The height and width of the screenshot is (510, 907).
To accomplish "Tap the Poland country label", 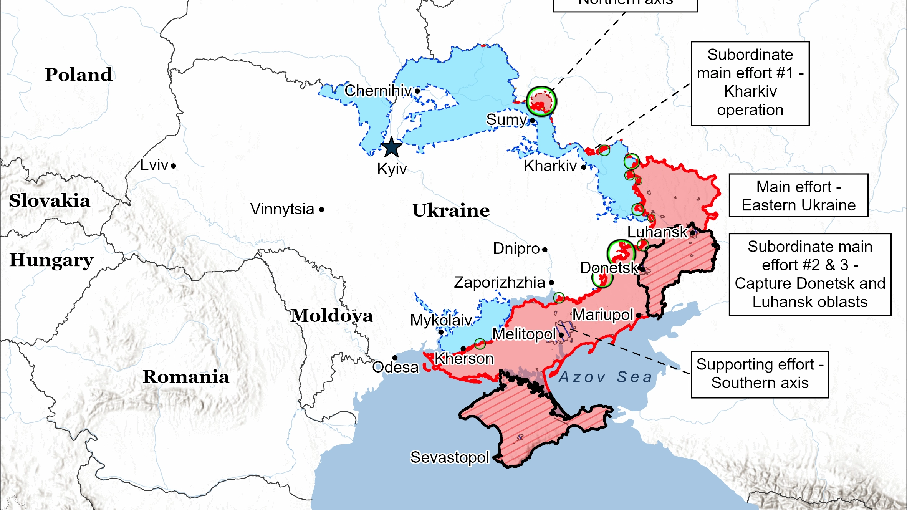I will [x=78, y=75].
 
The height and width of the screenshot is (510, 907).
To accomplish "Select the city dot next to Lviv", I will [x=174, y=166].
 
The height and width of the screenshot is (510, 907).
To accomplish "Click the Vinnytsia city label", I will [x=282, y=209].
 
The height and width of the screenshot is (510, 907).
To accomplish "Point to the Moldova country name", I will [x=331, y=315].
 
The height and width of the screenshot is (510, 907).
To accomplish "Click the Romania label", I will [x=186, y=377].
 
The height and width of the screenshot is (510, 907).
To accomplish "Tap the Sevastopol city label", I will [x=450, y=457].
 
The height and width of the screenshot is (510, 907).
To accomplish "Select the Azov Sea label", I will [x=606, y=377].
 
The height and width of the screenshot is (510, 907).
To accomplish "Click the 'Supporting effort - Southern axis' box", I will [x=760, y=374].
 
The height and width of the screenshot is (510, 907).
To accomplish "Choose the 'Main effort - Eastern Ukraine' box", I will [x=798, y=195].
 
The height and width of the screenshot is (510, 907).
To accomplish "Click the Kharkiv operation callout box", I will [x=750, y=83].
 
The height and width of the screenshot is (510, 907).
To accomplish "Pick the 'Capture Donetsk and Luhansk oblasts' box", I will [x=810, y=274].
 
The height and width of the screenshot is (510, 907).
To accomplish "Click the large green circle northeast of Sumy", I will [x=541, y=101].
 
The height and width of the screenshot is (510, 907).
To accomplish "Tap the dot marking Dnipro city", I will [x=545, y=250].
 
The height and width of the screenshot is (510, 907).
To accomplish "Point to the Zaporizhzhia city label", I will [x=499, y=283].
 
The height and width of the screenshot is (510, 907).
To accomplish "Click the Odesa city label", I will [x=395, y=368].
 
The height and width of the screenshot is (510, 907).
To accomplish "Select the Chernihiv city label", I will [x=378, y=91].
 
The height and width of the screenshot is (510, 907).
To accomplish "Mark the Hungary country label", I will [x=51, y=260].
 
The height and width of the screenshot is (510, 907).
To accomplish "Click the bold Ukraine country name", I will [x=451, y=210].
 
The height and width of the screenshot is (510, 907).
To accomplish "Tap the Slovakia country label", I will [x=49, y=200].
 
